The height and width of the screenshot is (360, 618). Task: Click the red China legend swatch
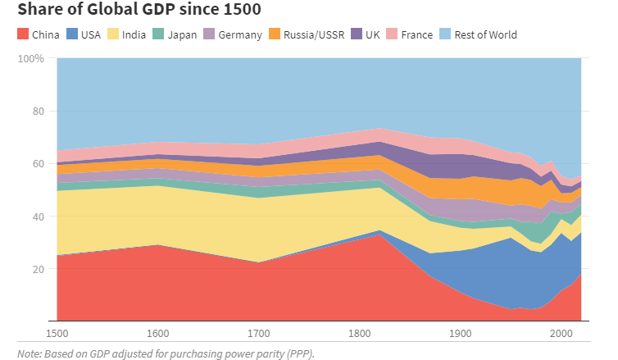click(x=22, y=34)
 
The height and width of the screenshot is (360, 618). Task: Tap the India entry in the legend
click(x=134, y=35)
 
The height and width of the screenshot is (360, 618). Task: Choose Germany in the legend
click(x=240, y=35)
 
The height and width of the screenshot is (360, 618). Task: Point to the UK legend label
click(x=373, y=35)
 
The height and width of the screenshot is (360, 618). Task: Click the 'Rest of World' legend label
click(x=485, y=35)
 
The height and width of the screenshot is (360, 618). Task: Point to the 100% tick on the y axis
click(x=30, y=59)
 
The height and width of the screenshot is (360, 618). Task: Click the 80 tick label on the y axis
click(x=37, y=112)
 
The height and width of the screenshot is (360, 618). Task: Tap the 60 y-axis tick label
click(x=37, y=164)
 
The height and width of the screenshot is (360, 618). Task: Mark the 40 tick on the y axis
click(x=37, y=216)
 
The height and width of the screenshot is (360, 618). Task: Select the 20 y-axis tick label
click(x=37, y=269)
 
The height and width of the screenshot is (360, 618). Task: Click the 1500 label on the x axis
click(x=57, y=333)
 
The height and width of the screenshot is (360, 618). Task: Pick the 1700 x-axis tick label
click(x=259, y=333)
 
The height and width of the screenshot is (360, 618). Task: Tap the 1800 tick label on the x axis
click(x=360, y=333)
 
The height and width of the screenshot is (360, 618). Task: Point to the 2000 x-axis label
click(x=561, y=333)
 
